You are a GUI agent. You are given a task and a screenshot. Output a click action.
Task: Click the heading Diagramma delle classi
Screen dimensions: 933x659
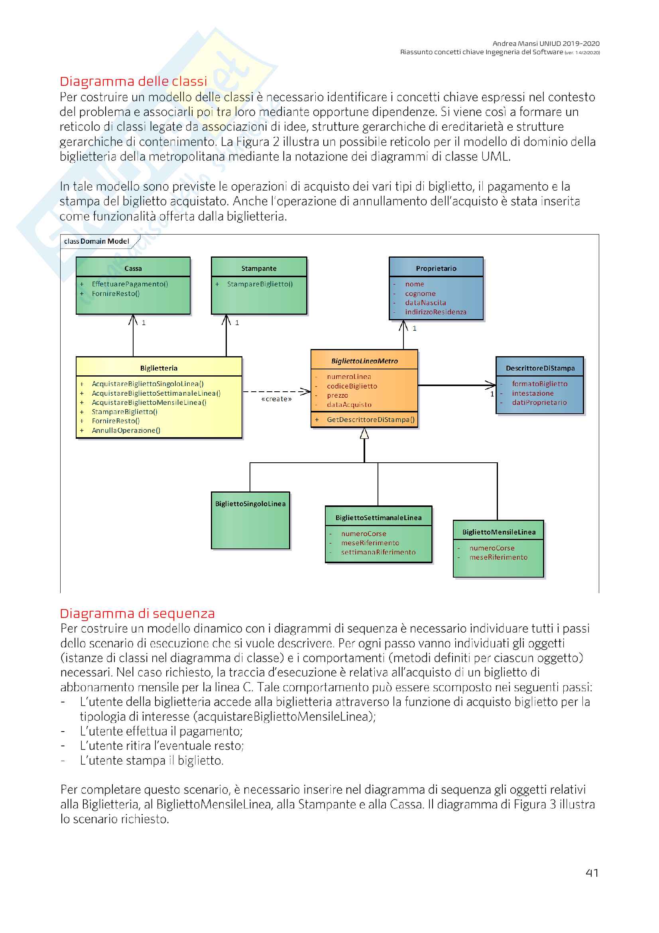click(x=133, y=81)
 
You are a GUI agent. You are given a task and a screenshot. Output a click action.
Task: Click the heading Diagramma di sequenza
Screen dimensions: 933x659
click(x=137, y=613)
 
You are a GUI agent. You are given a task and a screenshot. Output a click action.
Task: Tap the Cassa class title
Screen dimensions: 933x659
click(x=133, y=268)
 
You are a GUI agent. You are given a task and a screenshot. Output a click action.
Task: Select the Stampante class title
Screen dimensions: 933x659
click(x=259, y=268)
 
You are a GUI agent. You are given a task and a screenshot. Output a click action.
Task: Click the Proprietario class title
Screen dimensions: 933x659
click(x=436, y=268)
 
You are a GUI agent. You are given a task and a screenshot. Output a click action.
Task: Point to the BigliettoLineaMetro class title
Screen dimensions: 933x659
click(x=364, y=361)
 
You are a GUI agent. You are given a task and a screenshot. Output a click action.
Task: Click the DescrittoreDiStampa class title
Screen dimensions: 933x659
click(x=540, y=368)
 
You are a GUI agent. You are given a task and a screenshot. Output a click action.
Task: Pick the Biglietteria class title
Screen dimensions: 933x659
click(x=159, y=368)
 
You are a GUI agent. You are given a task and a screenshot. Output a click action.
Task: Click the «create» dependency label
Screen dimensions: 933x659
click(x=277, y=399)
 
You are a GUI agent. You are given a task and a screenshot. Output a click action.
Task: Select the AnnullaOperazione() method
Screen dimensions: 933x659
click(x=126, y=430)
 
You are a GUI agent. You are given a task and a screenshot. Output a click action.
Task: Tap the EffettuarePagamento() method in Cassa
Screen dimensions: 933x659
click(x=130, y=284)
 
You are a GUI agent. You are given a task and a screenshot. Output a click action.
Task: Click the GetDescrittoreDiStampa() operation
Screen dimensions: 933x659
click(x=370, y=419)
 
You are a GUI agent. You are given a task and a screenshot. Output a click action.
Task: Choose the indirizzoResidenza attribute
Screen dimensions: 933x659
click(x=435, y=312)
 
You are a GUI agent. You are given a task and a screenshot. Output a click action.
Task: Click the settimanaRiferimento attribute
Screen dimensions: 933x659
click(x=378, y=552)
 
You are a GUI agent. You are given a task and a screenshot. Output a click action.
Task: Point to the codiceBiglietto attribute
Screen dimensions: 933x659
click(x=352, y=386)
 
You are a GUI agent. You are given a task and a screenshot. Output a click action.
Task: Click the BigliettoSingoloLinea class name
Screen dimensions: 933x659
click(x=250, y=504)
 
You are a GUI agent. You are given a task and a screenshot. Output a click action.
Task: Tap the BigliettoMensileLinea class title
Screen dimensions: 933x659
click(x=499, y=532)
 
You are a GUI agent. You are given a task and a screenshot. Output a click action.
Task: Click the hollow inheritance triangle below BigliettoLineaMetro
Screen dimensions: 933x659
click(x=364, y=434)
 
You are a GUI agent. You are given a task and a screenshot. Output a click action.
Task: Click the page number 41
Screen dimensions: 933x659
click(x=592, y=873)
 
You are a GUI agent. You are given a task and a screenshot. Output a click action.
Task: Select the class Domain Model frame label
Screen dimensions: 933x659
click(x=96, y=241)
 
